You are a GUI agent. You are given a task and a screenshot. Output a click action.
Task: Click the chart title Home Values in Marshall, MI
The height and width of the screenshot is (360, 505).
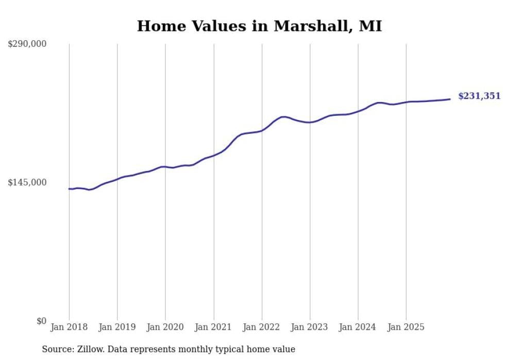(259, 26)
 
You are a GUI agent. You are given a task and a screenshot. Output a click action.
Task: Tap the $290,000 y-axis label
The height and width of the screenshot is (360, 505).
(27, 44)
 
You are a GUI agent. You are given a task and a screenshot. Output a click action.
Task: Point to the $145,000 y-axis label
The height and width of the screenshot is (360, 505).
(27, 182)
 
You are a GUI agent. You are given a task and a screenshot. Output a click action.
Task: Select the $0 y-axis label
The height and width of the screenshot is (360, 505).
(41, 321)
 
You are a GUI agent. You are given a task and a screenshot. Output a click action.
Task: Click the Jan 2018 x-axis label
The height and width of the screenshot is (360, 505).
(69, 327)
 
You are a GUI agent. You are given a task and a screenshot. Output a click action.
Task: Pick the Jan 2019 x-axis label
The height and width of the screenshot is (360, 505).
(117, 327)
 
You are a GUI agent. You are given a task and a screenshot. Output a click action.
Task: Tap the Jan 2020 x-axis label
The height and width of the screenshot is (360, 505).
(165, 327)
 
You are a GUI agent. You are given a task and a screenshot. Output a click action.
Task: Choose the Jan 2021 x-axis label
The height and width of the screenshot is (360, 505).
(213, 327)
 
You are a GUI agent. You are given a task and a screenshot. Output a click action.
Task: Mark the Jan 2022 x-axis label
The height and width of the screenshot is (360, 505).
(262, 327)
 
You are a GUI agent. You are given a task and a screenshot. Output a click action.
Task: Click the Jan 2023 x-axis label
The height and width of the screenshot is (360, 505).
(310, 327)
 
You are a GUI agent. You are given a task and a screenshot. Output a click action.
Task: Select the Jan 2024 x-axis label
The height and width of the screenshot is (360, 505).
(358, 327)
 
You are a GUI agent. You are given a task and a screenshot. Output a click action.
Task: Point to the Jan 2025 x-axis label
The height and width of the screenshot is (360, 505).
(406, 327)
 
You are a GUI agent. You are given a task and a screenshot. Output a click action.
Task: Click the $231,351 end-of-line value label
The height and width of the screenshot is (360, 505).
(479, 96)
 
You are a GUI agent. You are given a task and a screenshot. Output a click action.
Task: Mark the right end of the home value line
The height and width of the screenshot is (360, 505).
(450, 99)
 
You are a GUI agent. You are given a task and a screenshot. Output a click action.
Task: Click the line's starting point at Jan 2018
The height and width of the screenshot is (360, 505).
(69, 189)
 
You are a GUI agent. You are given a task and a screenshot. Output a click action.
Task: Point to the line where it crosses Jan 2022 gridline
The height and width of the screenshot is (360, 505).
(262, 130)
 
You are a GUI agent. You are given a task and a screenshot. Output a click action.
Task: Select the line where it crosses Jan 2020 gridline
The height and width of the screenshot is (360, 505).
(165, 167)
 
